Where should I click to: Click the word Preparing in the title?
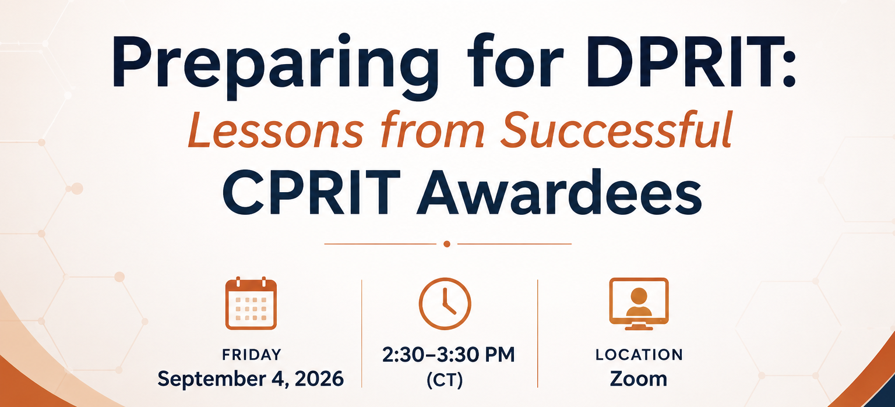pyautogui.click(x=275, y=66)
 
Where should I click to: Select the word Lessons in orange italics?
pyautogui.click(x=276, y=130)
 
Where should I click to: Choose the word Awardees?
pyautogui.click(x=559, y=192)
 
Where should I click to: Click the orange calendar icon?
pyautogui.click(x=251, y=303)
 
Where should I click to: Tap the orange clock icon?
pyautogui.click(x=445, y=303)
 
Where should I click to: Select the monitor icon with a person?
pyautogui.click(x=639, y=303)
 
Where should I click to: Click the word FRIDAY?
pyautogui.click(x=252, y=355)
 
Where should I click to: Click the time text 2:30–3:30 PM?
pyautogui.click(x=448, y=355)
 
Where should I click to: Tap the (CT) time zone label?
pyautogui.click(x=445, y=380)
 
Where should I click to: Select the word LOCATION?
pyautogui.click(x=639, y=355)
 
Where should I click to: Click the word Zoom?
pyautogui.click(x=639, y=379)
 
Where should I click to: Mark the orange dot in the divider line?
pyautogui.click(x=447, y=244)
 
